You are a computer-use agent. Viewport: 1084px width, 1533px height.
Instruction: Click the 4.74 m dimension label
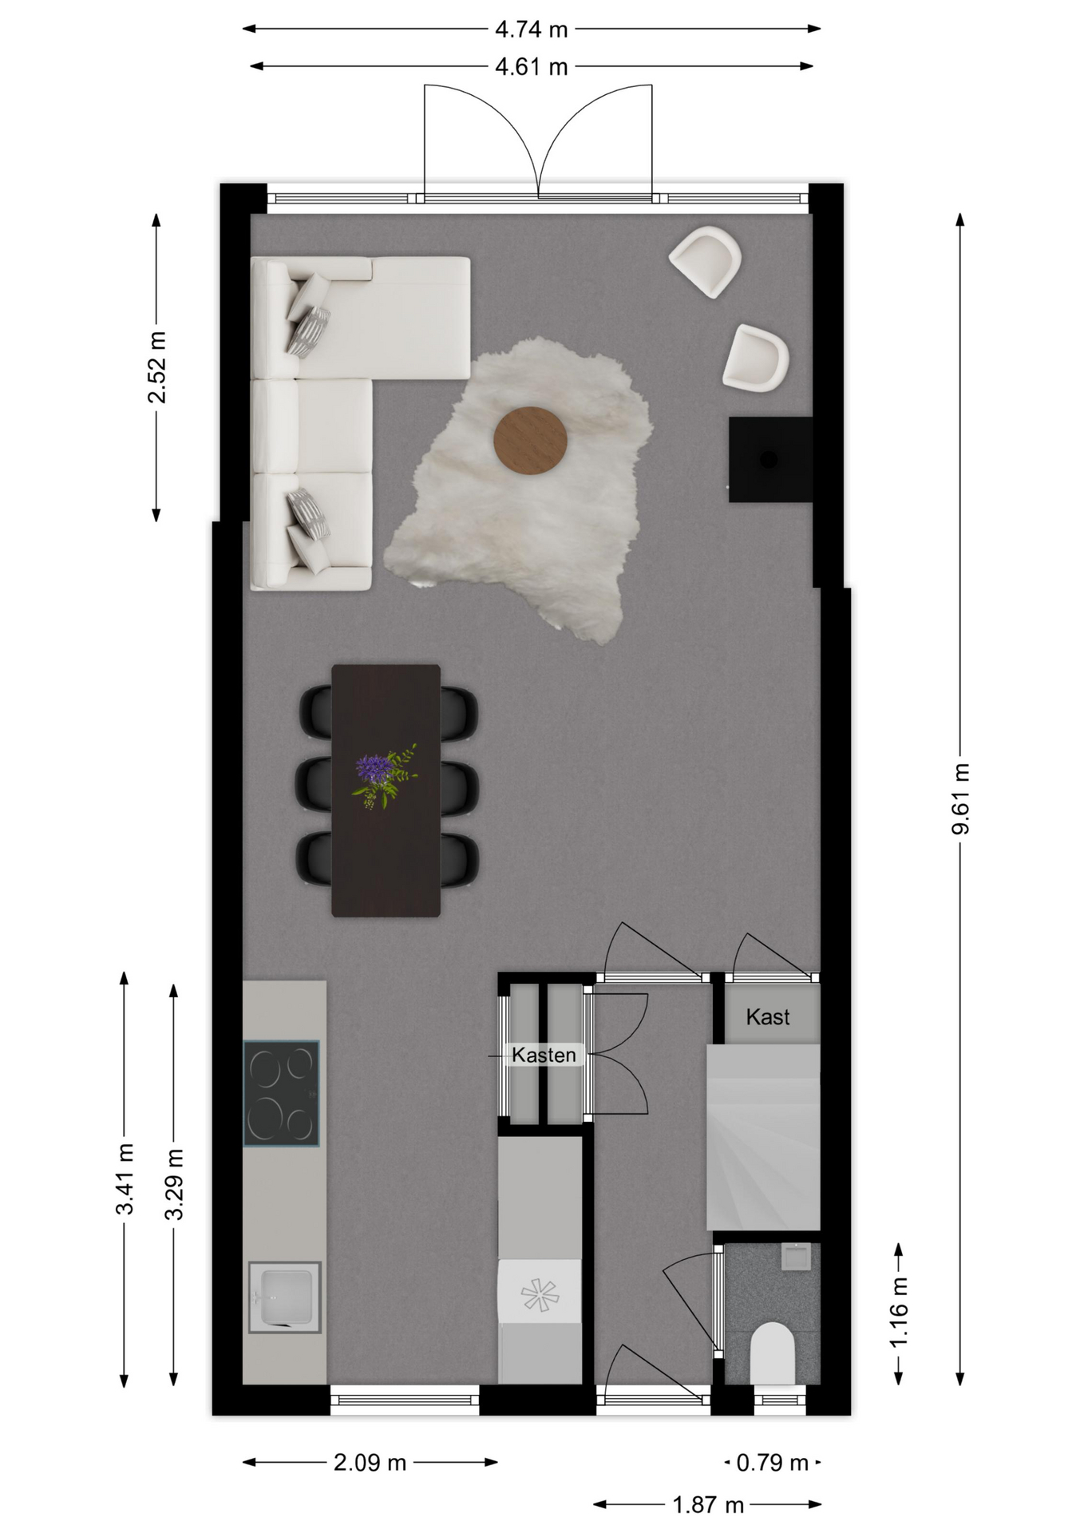tap(531, 30)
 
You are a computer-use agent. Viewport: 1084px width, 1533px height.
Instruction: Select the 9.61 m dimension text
tap(960, 798)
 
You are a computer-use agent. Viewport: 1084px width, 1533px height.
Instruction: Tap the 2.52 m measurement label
tap(157, 367)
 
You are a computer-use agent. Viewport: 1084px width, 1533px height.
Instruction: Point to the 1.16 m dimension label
tap(899, 1312)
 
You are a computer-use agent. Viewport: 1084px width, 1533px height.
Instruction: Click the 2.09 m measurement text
tap(370, 1463)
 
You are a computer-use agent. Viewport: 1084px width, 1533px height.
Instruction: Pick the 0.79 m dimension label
tap(772, 1463)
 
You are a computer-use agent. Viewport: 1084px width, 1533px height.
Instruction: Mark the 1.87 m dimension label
tap(708, 1505)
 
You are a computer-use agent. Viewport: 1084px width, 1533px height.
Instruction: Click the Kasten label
tap(544, 1056)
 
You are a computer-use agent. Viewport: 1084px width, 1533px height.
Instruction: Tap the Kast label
tap(768, 1016)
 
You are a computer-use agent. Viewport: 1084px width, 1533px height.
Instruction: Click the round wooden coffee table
tap(531, 441)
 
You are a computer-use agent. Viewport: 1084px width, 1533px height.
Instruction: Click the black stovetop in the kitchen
tap(281, 1093)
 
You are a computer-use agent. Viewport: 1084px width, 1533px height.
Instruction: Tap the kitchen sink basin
tap(285, 1297)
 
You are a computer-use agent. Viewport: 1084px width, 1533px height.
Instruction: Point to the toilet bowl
tap(773, 1353)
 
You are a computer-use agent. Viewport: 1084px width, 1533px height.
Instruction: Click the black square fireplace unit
tap(770, 460)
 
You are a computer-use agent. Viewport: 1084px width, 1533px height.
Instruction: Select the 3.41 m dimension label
tap(125, 1178)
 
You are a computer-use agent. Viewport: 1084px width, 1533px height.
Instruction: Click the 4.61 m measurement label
tap(531, 67)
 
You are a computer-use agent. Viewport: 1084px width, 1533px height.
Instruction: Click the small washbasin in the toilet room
tap(796, 1256)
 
